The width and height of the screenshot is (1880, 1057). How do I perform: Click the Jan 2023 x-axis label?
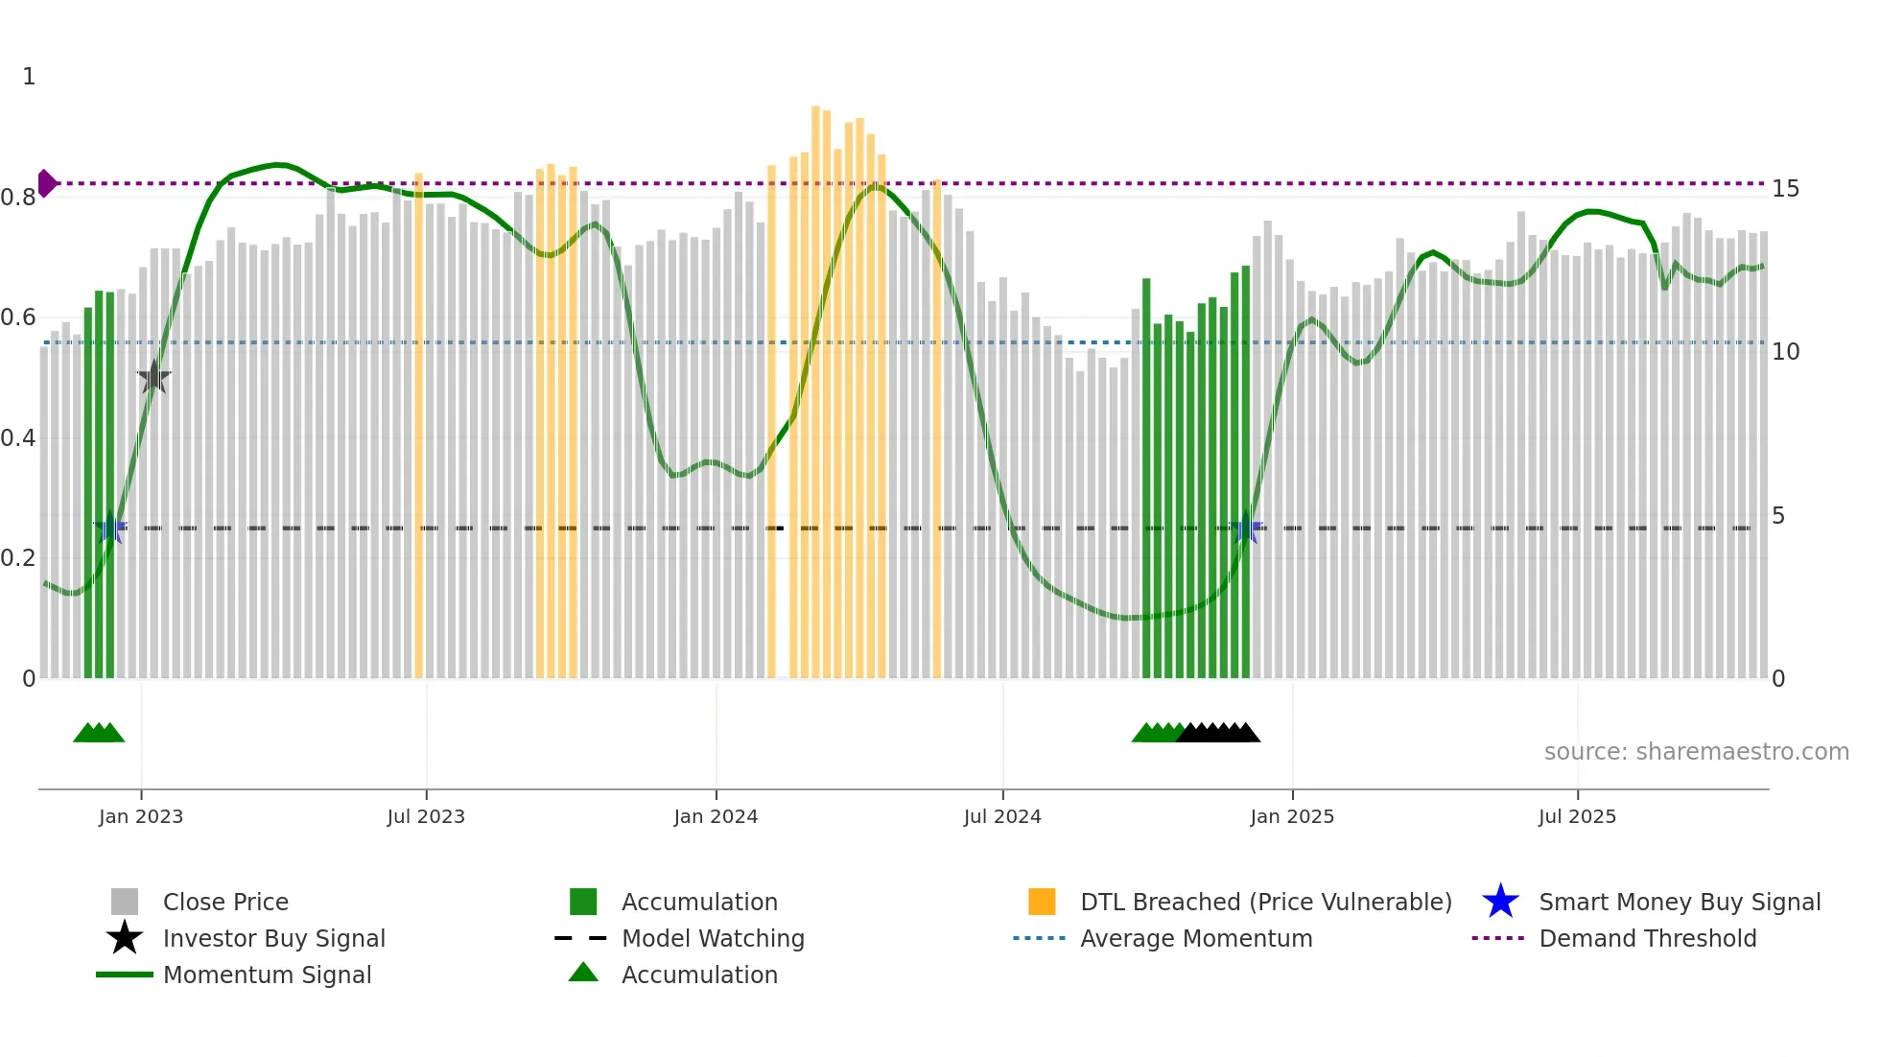pos(140,816)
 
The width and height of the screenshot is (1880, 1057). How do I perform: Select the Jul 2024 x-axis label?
pos(1002,816)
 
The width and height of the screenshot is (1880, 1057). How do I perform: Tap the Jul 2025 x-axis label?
pos(1577,816)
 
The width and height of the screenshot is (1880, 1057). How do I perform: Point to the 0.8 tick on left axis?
pos(18,198)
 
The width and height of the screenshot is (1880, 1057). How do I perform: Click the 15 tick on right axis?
pos(1785,189)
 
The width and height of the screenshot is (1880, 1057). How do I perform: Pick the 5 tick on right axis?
pos(1778,516)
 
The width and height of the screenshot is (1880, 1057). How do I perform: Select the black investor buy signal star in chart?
pos(153,378)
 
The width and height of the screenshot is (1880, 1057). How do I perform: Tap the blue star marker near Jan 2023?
pos(110,528)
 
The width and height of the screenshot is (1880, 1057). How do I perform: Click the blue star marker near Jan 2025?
pos(1247,528)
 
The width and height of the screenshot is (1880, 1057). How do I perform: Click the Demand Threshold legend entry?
pos(1647,938)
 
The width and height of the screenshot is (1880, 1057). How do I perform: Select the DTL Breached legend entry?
pos(1265,902)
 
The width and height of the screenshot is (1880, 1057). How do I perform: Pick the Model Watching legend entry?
pos(712,938)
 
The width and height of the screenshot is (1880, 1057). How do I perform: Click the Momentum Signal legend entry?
pos(267,975)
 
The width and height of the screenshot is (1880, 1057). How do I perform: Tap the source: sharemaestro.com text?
pos(1696,752)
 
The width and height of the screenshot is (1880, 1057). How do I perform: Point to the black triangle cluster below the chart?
pos(1218,733)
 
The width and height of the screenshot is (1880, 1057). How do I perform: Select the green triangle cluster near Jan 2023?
pos(99,733)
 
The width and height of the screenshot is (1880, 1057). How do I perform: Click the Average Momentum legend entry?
pos(1195,938)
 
